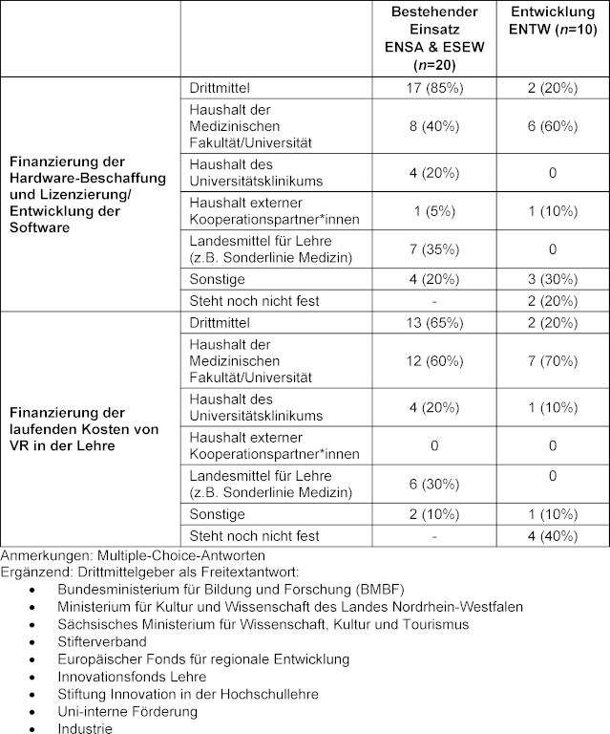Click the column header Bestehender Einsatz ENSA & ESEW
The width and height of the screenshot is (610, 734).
coord(433,38)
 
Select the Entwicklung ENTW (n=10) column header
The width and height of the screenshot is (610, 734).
coord(553,22)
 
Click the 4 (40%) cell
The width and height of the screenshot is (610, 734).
coord(553,535)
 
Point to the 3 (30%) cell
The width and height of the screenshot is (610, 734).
coord(553,278)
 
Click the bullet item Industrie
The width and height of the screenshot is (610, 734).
coord(83,728)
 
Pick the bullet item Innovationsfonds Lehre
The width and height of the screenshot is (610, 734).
coord(131,677)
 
